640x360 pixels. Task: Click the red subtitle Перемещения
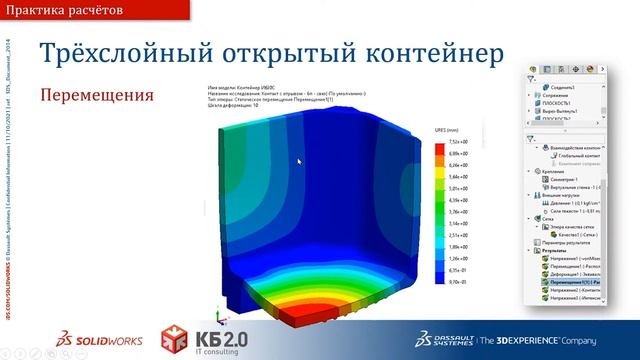tap(96, 96)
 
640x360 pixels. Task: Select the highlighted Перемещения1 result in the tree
tap(574, 283)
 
